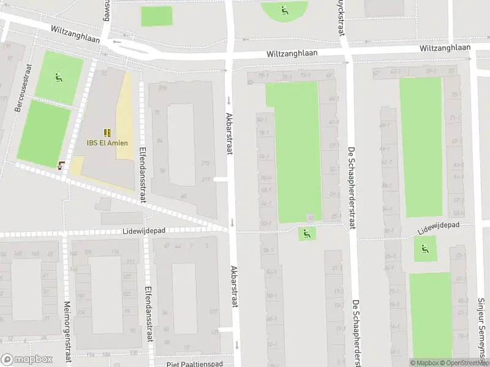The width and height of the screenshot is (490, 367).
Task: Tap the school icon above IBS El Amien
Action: [107, 132]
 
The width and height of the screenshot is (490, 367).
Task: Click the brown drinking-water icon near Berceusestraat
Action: [61, 164]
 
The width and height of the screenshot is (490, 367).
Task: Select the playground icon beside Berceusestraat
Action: [58, 77]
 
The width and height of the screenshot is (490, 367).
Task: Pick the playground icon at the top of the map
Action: [284, 10]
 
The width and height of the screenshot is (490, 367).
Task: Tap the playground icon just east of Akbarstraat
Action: [307, 233]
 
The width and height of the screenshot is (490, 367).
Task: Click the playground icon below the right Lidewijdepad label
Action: [424, 249]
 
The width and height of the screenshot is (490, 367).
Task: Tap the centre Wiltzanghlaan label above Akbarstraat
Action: [292, 54]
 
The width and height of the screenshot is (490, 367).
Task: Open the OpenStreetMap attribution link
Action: [464, 363]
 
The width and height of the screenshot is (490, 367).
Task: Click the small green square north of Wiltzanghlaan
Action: [157, 17]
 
